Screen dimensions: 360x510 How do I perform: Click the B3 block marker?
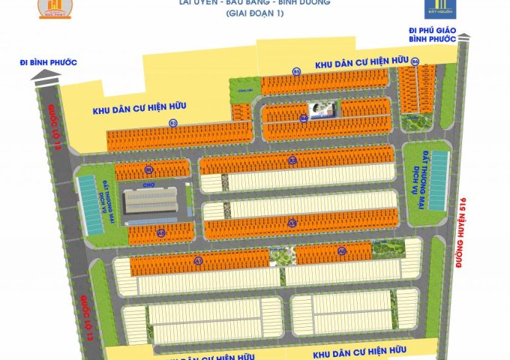[172, 122]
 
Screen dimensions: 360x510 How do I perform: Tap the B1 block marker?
[149, 170]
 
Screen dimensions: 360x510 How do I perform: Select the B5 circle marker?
[296, 72]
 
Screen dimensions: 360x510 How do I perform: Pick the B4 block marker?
[303, 118]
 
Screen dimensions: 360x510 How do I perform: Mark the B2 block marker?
[292, 160]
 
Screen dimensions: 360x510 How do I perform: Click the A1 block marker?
[199, 261]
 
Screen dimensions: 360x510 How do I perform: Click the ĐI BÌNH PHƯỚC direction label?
[49, 61]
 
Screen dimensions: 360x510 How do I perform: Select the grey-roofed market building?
[152, 200]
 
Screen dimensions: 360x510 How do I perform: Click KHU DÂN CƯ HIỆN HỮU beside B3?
[139, 109]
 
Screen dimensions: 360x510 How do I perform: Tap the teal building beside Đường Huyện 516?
[439, 181]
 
